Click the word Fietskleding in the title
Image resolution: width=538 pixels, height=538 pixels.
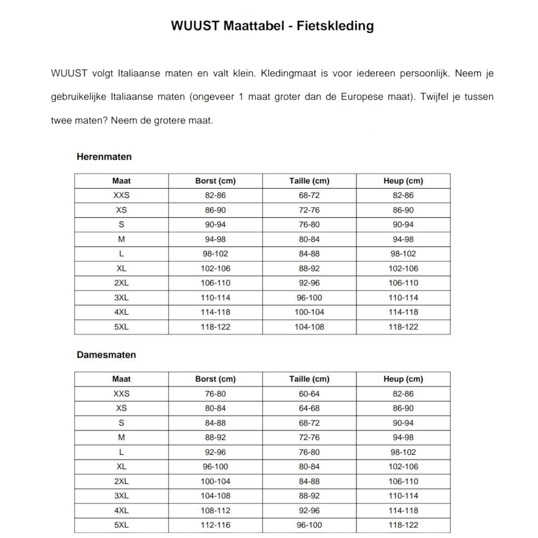tap(335, 26)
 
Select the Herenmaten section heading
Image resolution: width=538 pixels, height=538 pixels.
tap(104, 157)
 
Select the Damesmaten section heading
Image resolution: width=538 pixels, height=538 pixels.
tap(106, 355)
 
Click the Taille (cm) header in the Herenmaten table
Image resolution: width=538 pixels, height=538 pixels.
tap(309, 181)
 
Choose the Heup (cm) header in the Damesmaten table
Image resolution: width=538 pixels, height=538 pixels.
tap(403, 379)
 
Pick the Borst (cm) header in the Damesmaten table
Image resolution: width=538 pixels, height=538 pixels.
tap(215, 379)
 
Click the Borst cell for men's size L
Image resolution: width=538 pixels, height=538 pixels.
tap(215, 254)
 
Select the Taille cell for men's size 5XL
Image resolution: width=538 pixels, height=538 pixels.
tap(309, 327)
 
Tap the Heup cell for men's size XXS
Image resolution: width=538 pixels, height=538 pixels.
tap(403, 195)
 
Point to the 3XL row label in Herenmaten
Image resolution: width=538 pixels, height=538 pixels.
tap(121, 298)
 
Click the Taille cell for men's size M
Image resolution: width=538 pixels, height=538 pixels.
tap(309, 239)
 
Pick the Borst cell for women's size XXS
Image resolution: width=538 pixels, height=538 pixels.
tap(215, 394)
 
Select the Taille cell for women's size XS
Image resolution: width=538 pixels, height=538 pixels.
tap(309, 408)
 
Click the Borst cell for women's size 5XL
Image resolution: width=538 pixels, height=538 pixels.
tap(215, 525)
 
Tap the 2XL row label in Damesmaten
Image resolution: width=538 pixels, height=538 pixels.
tap(121, 481)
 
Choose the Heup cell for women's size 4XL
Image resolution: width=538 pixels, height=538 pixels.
tap(403, 510)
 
